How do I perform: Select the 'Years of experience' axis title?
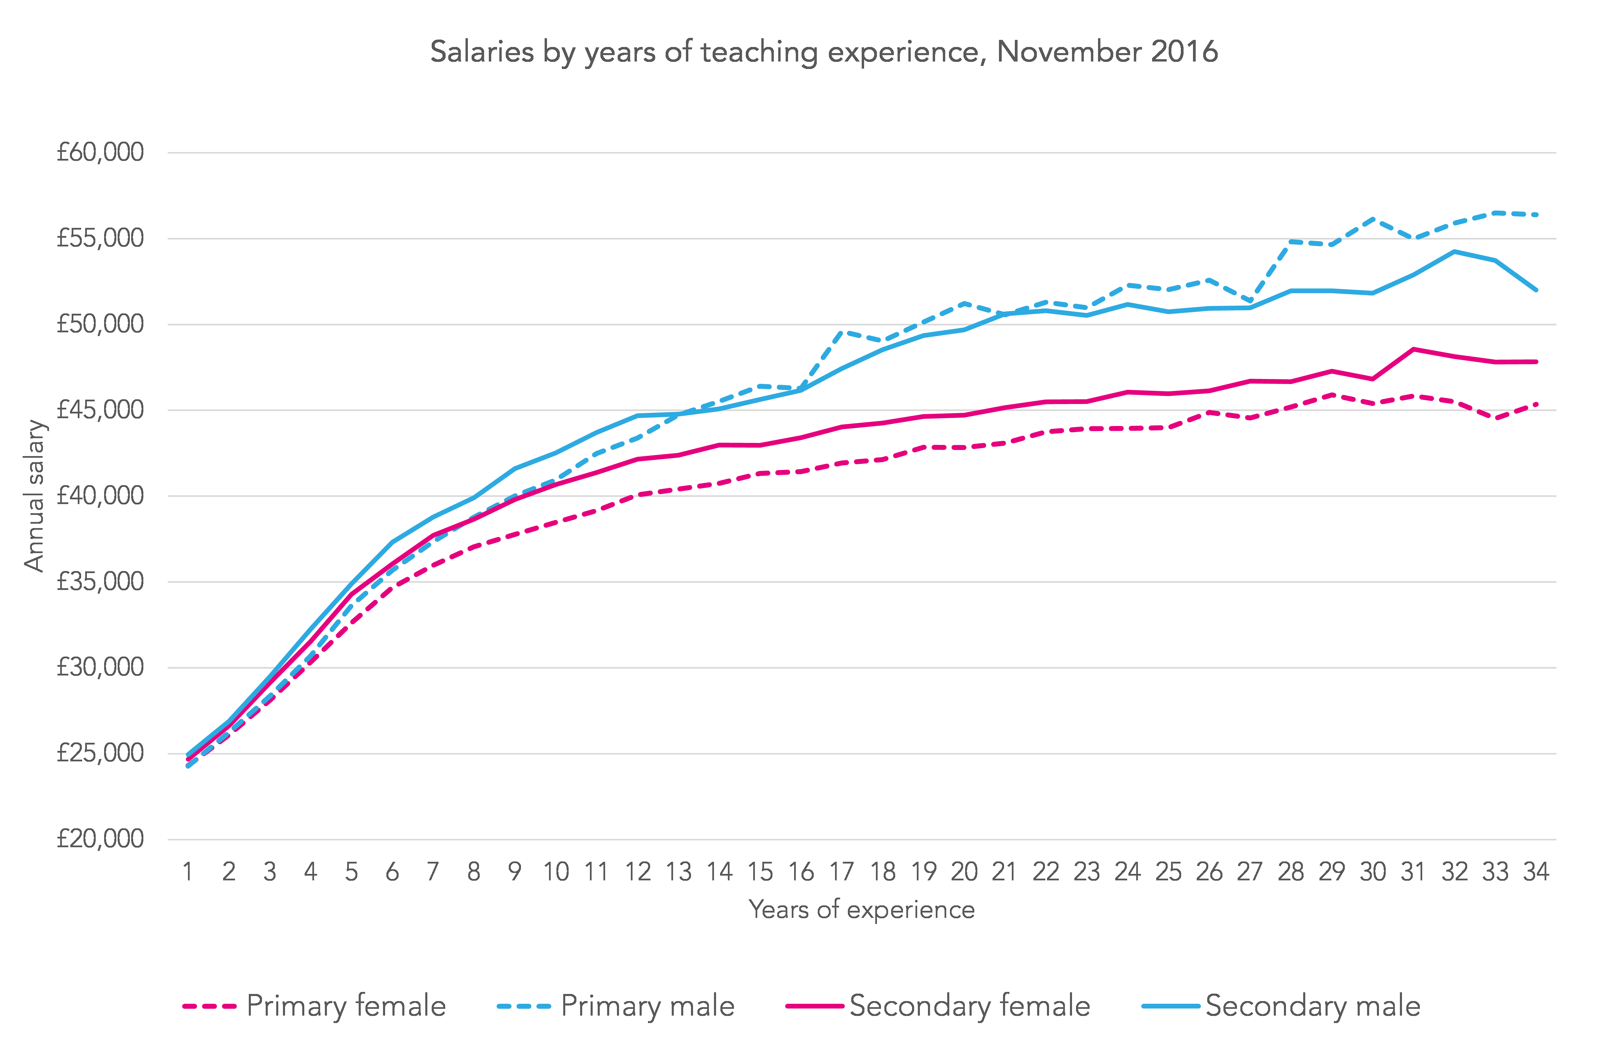862,910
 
